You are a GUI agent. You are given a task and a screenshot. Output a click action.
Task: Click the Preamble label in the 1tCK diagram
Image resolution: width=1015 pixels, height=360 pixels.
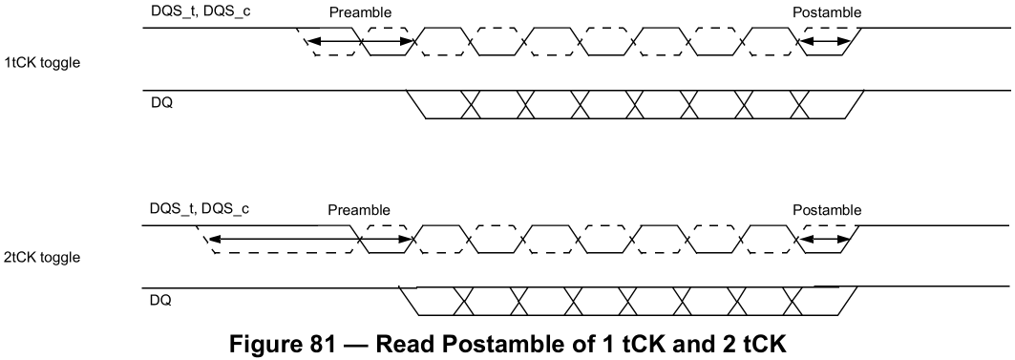pos(360,12)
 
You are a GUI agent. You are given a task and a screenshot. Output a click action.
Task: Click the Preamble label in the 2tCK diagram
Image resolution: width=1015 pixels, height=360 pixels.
pos(359,210)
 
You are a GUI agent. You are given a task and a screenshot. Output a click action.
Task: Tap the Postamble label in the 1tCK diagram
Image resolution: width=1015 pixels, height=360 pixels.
pos(827,12)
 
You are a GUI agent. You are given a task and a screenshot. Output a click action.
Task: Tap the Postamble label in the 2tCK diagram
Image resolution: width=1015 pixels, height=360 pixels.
pos(827,210)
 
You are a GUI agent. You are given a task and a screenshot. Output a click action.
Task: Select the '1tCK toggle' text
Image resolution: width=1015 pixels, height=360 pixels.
pos(42,63)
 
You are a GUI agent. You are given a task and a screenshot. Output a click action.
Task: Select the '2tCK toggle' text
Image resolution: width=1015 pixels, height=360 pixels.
pos(42,257)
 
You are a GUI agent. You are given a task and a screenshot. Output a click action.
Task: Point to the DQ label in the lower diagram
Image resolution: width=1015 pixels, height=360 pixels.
pos(161,301)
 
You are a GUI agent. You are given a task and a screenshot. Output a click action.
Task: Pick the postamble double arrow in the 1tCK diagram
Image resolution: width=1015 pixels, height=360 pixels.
pos(824,42)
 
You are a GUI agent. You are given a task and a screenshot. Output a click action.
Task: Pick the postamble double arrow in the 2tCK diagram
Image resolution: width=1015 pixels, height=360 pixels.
pos(824,240)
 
